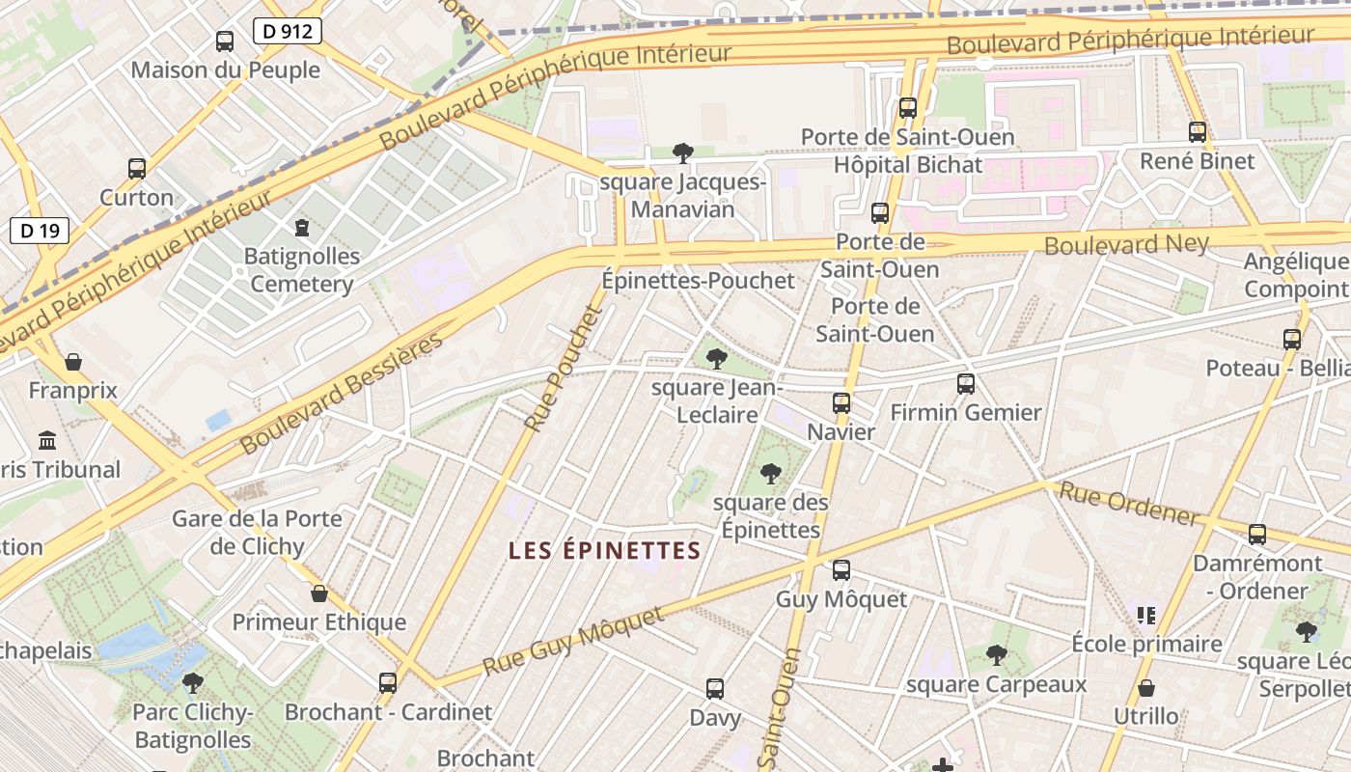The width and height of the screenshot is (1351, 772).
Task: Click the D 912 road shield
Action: [x=288, y=31]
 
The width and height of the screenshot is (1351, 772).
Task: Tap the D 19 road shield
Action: [x=40, y=231]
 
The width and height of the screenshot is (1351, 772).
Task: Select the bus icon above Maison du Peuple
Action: [x=225, y=41]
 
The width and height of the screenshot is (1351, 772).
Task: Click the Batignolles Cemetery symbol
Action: [x=302, y=228]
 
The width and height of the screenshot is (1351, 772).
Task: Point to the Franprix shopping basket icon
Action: [x=73, y=363]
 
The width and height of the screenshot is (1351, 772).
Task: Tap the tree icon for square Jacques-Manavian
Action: [x=683, y=152]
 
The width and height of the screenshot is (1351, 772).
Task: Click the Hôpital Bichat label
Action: [x=907, y=165]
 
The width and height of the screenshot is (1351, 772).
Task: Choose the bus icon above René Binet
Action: [x=1198, y=132]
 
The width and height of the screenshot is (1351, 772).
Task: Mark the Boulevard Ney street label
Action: [x=1126, y=244]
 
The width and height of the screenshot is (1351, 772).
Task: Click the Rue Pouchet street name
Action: [x=564, y=367]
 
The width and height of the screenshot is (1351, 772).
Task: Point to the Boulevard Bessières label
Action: [x=342, y=393]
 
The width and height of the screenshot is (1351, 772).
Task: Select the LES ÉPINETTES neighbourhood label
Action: [x=604, y=551]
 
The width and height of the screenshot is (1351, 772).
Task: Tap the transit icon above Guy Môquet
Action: [x=841, y=570]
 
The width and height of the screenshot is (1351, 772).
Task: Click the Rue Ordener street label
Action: [x=1129, y=504]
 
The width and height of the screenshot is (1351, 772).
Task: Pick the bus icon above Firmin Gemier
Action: [x=966, y=384]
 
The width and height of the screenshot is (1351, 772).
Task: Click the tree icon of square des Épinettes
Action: [x=770, y=474]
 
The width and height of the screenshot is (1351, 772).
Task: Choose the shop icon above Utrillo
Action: [x=1146, y=688]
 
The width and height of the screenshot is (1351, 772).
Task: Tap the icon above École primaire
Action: [x=1146, y=615]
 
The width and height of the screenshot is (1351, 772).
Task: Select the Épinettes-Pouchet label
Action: [x=698, y=281]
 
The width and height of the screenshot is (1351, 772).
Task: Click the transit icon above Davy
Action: [x=715, y=689]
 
